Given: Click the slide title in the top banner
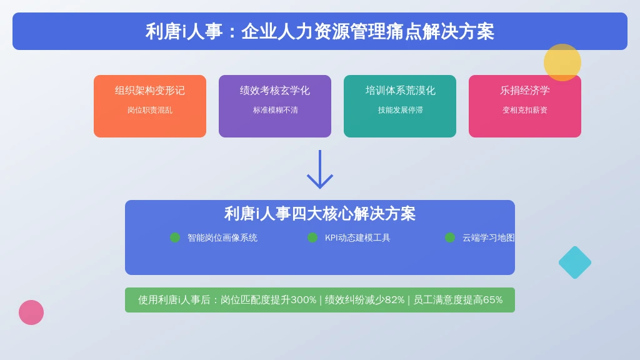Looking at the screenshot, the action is [x=320, y=31].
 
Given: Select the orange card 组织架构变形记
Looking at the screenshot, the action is [x=150, y=106].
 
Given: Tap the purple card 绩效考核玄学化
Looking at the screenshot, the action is [x=275, y=106].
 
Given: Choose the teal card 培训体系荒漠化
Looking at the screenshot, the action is [x=399, y=106].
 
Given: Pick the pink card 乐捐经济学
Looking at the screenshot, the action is [x=524, y=106].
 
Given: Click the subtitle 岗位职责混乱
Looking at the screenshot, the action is [x=150, y=110].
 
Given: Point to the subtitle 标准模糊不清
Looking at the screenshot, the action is [x=275, y=110].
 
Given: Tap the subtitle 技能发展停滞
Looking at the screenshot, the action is [x=400, y=110].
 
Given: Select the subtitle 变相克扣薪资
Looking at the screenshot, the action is [x=525, y=110].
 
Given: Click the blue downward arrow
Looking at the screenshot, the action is [x=320, y=169].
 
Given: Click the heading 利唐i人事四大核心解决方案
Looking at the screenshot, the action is [x=320, y=214].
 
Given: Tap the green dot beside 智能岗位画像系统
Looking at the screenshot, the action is [x=175, y=237].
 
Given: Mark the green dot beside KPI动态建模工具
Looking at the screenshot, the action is [x=312, y=237].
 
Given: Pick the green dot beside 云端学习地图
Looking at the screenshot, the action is [x=450, y=237].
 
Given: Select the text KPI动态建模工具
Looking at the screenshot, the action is [x=357, y=238].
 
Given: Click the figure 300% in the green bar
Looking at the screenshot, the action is [x=304, y=300].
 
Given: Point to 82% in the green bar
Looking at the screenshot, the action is [x=395, y=300].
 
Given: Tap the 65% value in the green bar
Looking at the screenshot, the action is [x=492, y=300].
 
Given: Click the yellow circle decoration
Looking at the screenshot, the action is [x=562, y=62].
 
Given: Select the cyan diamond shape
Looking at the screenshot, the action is [x=575, y=262].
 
